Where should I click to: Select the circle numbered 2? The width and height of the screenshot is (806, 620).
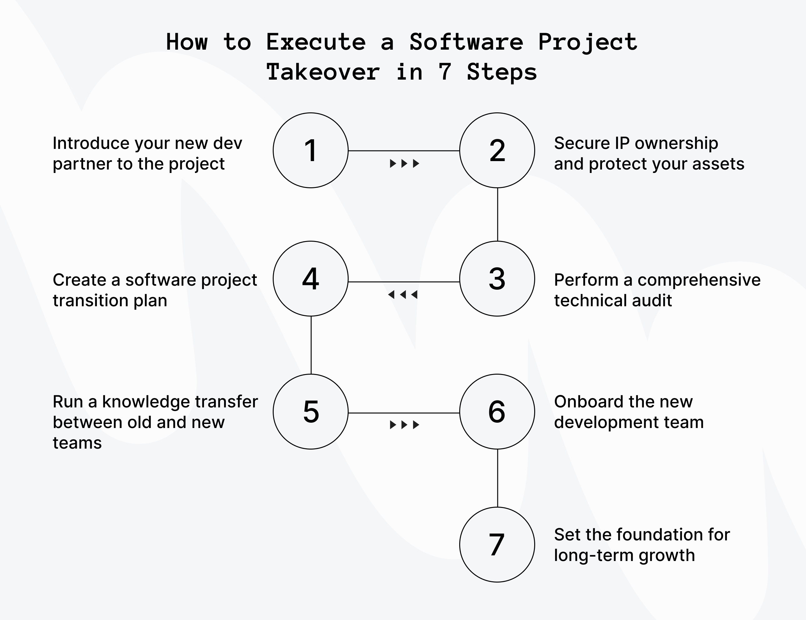tap(497, 150)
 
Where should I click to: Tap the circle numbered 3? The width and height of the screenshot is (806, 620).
tap(497, 279)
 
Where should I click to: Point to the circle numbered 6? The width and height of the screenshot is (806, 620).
tap(497, 411)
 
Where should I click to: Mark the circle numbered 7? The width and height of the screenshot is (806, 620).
tap(497, 544)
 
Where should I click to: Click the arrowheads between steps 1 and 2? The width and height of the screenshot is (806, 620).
tap(405, 163)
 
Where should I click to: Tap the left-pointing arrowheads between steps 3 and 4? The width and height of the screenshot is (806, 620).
tap(403, 294)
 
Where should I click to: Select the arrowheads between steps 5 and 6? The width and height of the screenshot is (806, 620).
tap(405, 425)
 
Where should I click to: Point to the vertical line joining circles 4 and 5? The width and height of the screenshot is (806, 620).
tap(311, 345)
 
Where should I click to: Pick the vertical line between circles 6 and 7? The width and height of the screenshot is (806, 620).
tap(497, 478)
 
